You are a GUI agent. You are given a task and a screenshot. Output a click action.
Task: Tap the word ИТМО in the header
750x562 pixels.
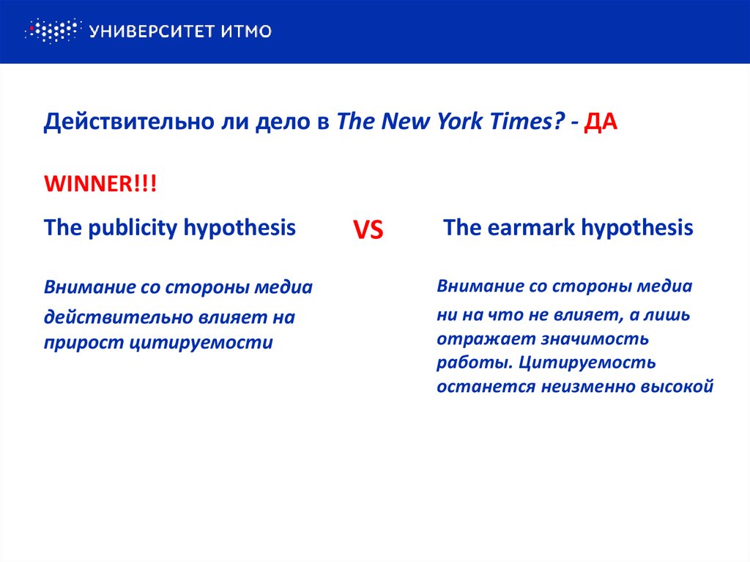coord(246,31)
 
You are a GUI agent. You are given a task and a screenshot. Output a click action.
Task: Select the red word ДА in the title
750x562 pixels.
coord(601,122)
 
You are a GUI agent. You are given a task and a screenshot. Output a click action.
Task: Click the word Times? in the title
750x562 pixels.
coord(523,122)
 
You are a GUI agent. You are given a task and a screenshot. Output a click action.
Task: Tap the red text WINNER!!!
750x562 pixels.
coord(100,183)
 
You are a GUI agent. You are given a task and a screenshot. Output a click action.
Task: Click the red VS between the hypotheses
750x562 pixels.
coord(368,231)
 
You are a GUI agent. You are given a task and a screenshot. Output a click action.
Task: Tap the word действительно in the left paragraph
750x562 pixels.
coord(117,318)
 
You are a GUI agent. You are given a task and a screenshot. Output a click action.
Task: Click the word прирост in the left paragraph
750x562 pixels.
coord(79,341)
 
